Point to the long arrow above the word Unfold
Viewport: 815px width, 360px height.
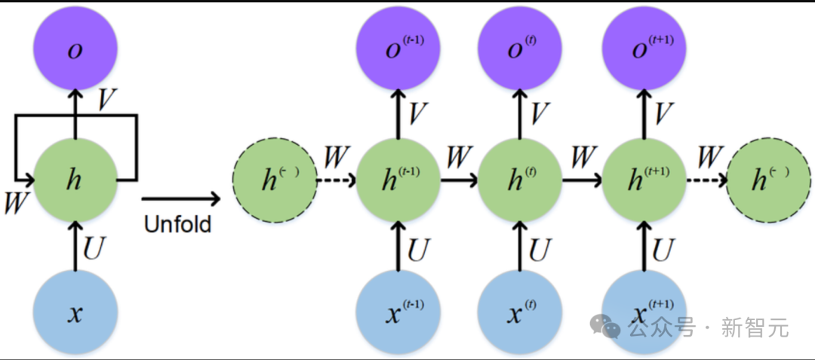pyautogui.click(x=180, y=199)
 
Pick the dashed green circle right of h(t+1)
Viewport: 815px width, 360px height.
pyautogui.click(x=768, y=181)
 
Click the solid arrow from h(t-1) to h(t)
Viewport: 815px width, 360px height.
pyautogui.click(x=459, y=181)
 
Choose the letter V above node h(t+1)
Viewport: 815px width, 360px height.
pyautogui.click(x=663, y=114)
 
